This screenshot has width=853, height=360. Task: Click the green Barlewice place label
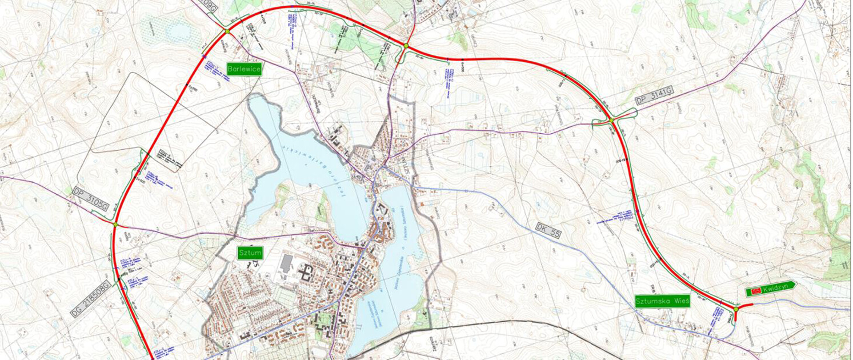(244, 69)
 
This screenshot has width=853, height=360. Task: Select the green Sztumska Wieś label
(662, 301)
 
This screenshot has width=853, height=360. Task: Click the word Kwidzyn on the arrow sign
(774, 291)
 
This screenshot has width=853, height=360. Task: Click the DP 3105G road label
(91, 199)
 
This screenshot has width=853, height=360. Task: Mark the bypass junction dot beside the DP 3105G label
(115, 225)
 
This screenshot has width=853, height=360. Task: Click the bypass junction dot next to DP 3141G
(611, 120)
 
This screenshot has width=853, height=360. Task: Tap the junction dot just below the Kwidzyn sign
(736, 309)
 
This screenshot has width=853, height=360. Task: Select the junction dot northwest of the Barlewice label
(227, 31)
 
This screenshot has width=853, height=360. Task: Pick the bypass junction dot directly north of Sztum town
(406, 45)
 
